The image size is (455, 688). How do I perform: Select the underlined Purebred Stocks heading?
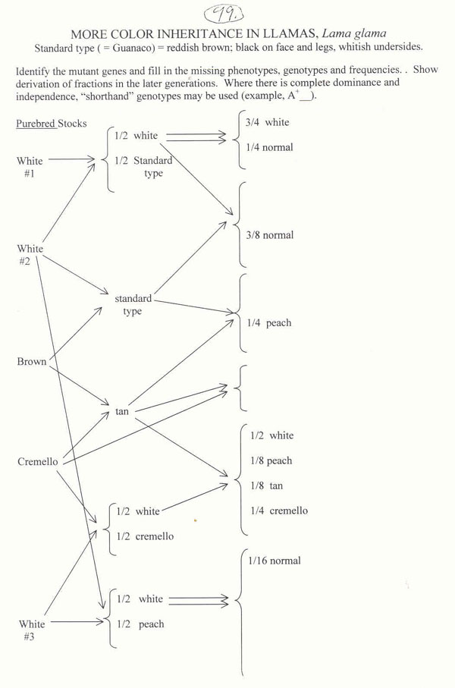[x=52, y=124]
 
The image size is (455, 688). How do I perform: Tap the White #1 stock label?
[x=30, y=167]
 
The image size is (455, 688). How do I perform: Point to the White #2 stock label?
[x=30, y=255]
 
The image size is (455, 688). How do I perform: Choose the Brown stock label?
[x=31, y=362]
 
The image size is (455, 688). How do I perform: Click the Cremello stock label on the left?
[x=37, y=461]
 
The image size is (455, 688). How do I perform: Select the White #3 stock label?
[x=31, y=630]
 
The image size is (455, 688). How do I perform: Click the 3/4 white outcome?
[x=267, y=122]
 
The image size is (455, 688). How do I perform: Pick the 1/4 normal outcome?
[x=269, y=147]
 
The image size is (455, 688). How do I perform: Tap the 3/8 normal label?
[x=269, y=235]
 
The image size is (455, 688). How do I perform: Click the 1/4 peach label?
[x=268, y=323]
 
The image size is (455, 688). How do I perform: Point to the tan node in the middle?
[x=122, y=411]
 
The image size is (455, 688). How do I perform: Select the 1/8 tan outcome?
[x=266, y=485]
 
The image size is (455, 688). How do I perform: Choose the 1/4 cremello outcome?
[x=278, y=511]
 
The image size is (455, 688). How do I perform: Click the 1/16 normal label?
[x=274, y=561]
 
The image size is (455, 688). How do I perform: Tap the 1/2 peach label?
[x=140, y=624]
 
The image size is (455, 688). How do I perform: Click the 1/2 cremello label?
[x=144, y=536]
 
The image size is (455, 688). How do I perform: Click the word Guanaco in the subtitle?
[x=166, y=46]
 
